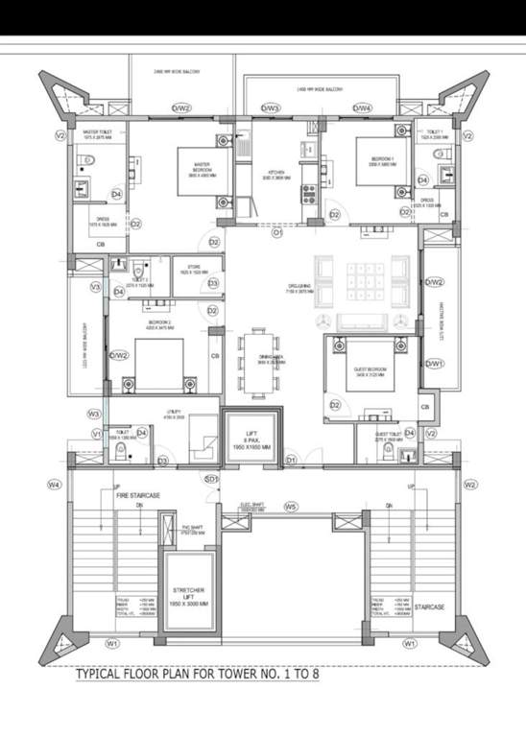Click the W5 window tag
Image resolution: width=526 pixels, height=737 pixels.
pos(290,506)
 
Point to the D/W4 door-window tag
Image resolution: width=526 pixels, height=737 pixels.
pos(362,108)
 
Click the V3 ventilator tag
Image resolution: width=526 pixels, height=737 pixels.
pos(95,286)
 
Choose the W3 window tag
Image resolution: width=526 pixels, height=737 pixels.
pos(94,414)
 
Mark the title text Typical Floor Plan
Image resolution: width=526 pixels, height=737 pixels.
pos(197,674)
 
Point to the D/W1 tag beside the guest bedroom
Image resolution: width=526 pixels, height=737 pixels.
pos(436,364)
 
